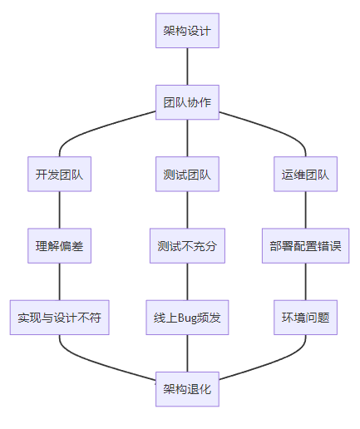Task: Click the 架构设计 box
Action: [x=187, y=31]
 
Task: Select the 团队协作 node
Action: [x=187, y=102]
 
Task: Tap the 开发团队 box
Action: [x=59, y=174]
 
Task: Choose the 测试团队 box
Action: [x=187, y=174]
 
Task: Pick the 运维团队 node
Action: [x=305, y=174]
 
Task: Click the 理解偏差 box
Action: [x=59, y=246]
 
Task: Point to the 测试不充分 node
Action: [x=187, y=246]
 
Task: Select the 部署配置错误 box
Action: [x=305, y=246]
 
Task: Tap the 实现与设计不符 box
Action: [x=59, y=318]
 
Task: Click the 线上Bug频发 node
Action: [x=187, y=318]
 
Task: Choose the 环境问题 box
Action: [x=305, y=318]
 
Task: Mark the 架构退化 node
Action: [x=187, y=389]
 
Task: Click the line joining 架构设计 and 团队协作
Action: [x=187, y=67]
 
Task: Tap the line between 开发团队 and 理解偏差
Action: [x=59, y=210]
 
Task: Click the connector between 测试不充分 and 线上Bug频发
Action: [x=187, y=282]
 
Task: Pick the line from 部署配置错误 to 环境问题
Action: [x=305, y=282]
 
